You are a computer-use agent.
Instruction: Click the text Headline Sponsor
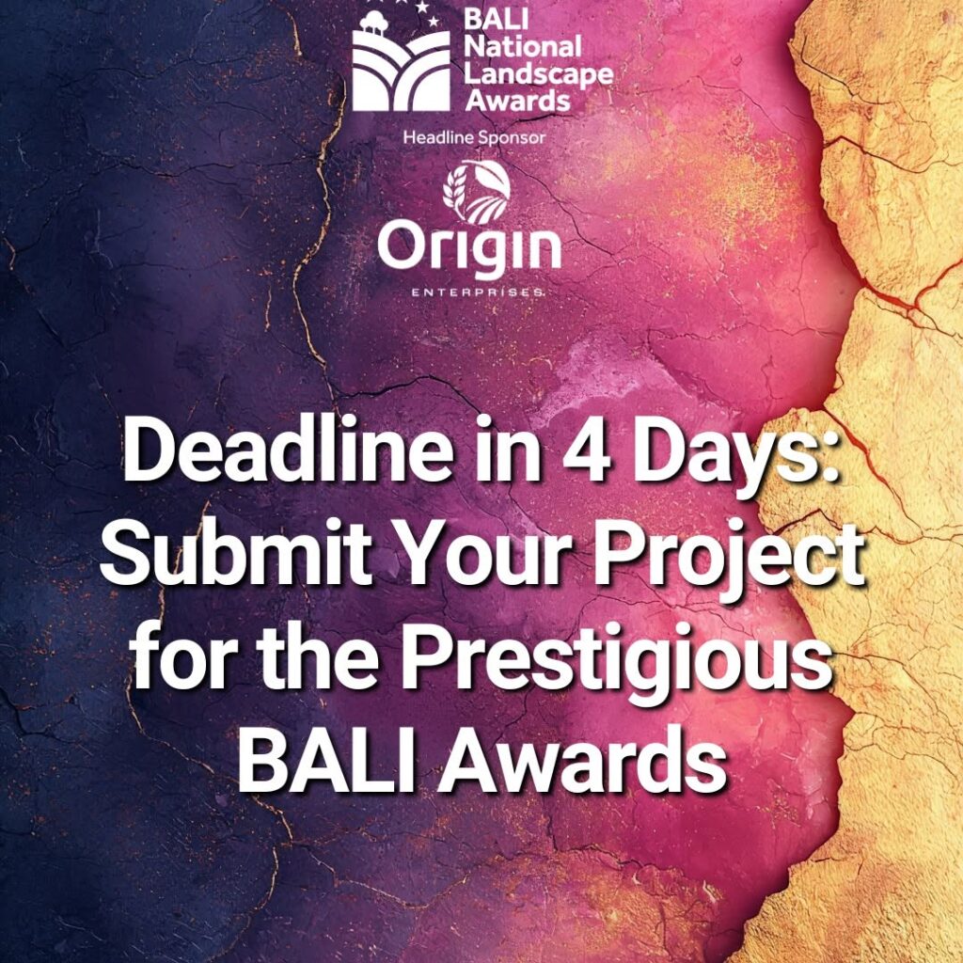coord(474,137)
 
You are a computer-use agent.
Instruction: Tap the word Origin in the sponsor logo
coord(469,248)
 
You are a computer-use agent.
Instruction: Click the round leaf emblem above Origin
coord(477,192)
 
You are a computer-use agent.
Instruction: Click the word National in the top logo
coord(522,47)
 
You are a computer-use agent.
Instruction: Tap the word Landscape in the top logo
coord(539,74)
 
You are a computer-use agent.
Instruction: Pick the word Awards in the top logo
coord(518,100)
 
